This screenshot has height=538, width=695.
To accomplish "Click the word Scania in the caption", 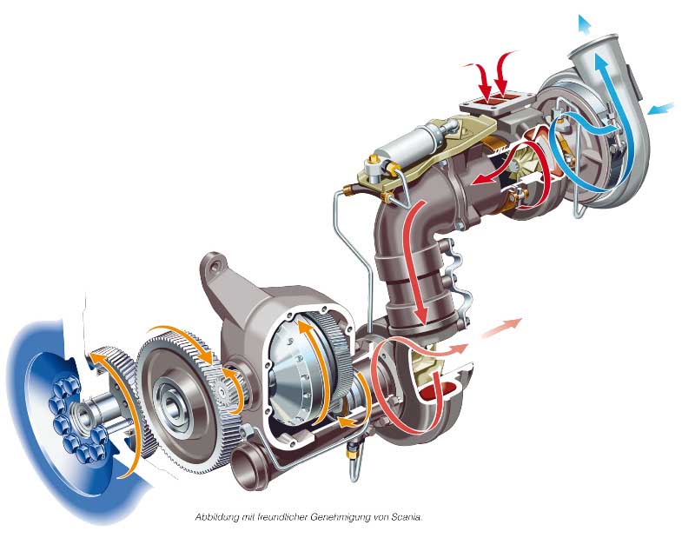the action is tap(407, 517).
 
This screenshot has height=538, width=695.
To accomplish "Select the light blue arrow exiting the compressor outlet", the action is tap(584, 24).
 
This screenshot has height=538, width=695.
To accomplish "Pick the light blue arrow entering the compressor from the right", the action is tap(660, 109).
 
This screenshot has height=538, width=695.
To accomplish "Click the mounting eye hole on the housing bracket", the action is tap(215, 265).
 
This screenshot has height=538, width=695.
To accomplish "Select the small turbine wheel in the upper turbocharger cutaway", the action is tap(526, 161).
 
